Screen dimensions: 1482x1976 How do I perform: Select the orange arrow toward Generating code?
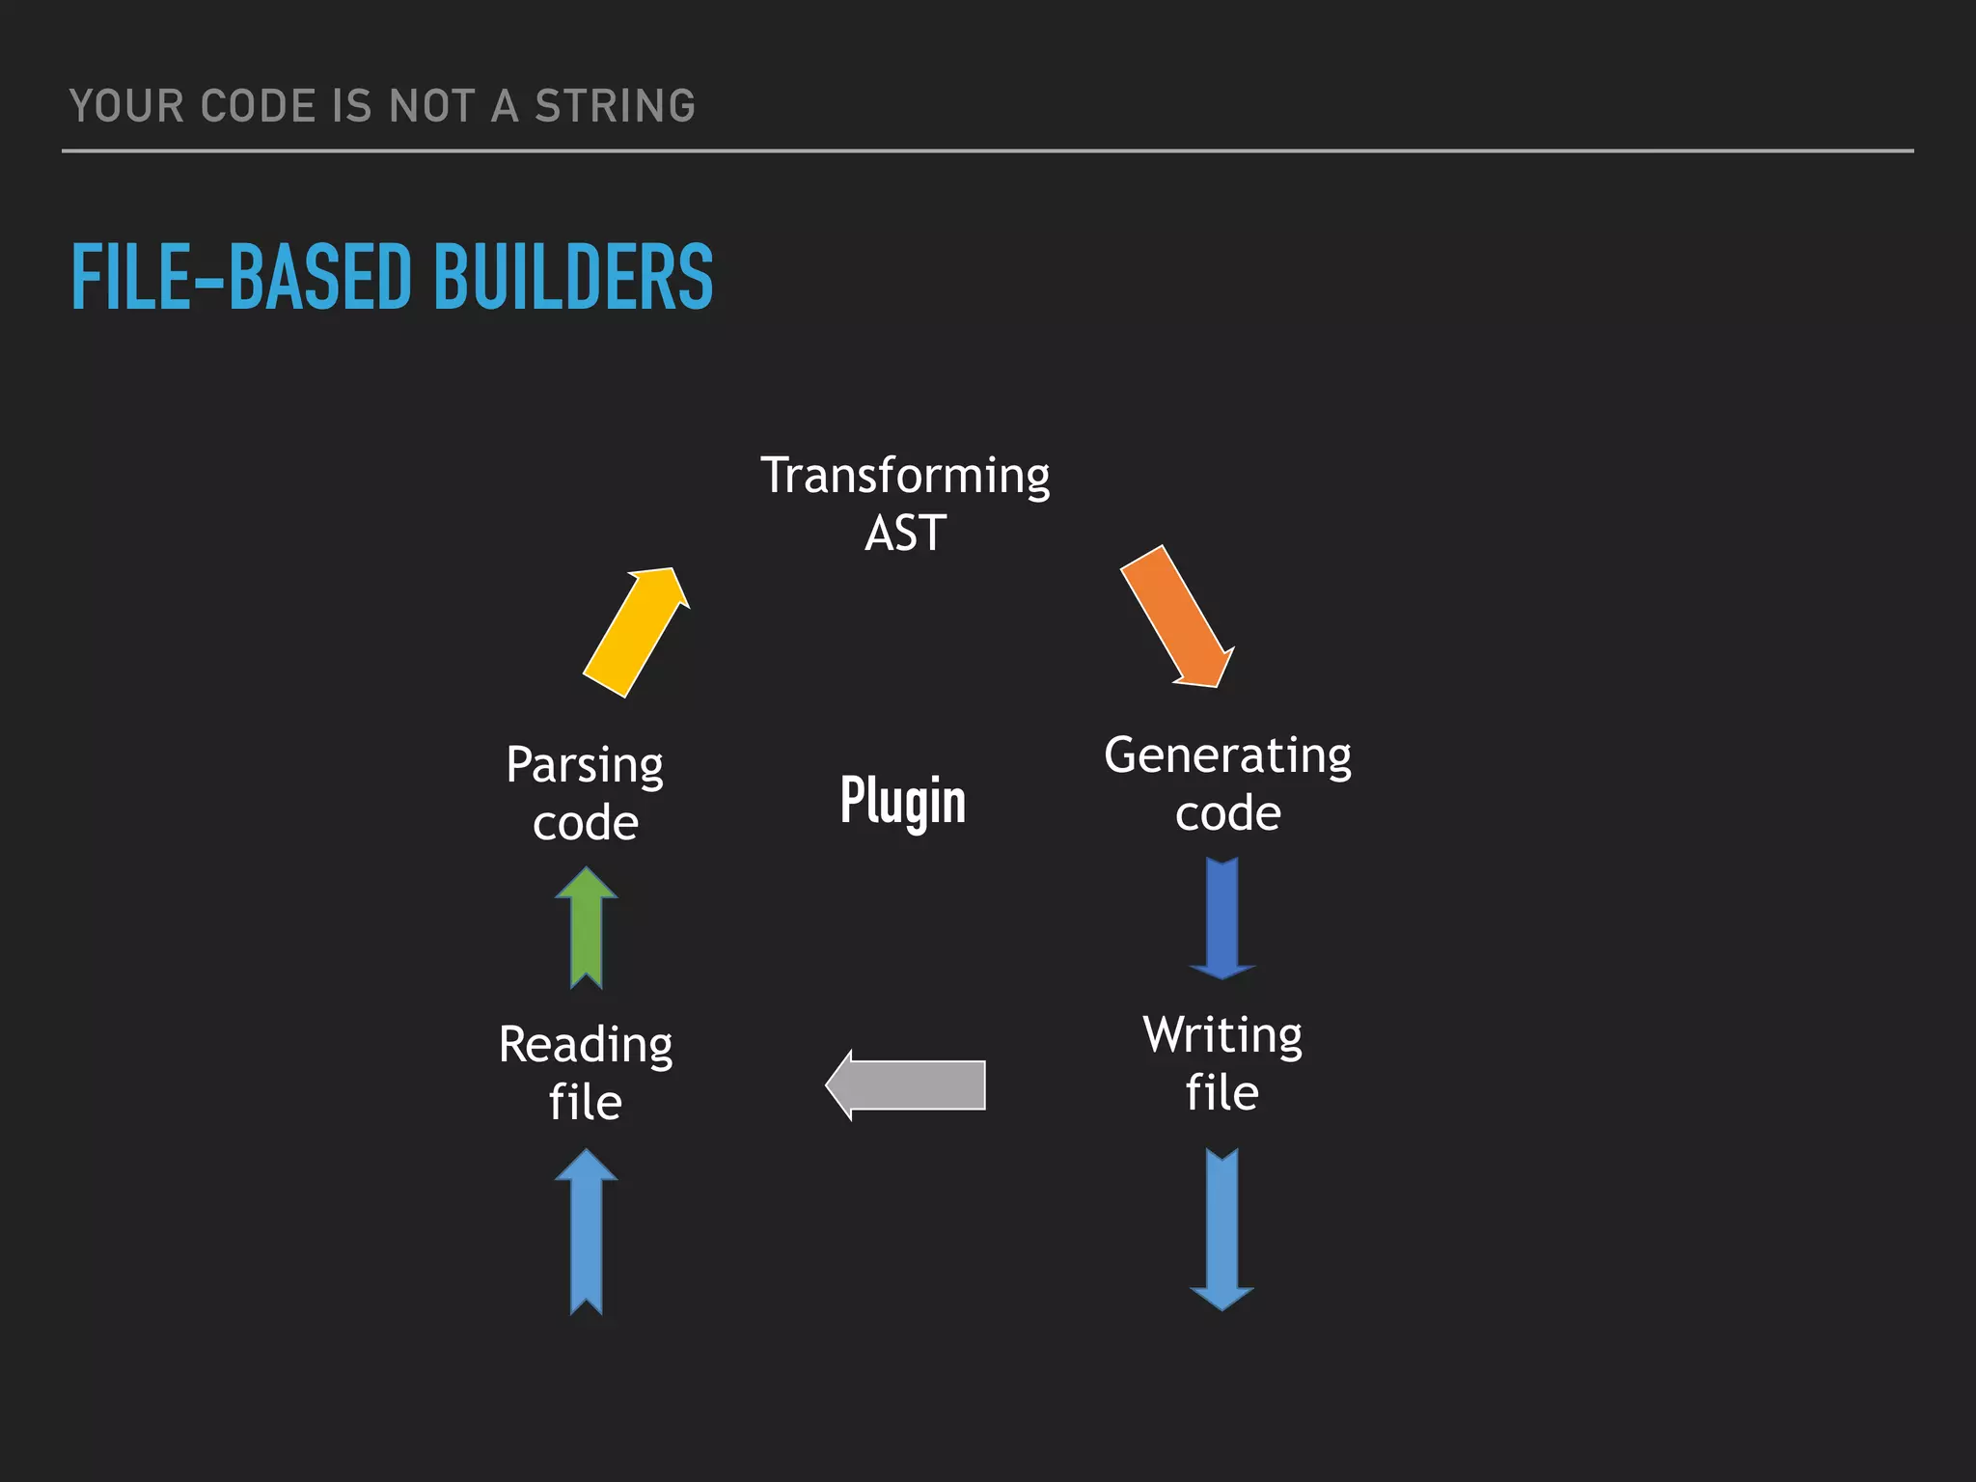1176,617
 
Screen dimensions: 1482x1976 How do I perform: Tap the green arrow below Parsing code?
587,927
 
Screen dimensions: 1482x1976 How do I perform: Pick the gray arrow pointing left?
906,1084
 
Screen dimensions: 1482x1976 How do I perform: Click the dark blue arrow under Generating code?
1222,918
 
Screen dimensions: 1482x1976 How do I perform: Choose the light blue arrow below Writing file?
1222,1228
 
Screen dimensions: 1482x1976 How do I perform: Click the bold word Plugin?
902,801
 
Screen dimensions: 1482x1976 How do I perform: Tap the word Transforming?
905,476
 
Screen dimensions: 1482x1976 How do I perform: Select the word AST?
905,534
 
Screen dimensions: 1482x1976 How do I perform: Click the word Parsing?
585,766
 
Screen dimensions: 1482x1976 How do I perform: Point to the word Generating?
1227,755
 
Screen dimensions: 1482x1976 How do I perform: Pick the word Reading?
586,1045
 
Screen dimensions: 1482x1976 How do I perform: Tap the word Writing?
1222,1035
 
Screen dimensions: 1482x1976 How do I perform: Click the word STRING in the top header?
615,106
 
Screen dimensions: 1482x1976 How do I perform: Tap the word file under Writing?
1221,1093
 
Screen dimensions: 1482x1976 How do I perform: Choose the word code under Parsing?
585,823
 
